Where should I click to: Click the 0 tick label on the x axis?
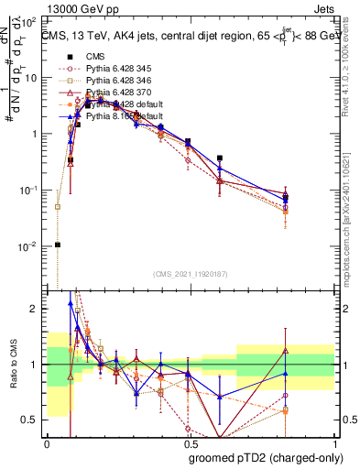(x=47, y=442)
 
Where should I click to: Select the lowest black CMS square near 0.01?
(x=58, y=245)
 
